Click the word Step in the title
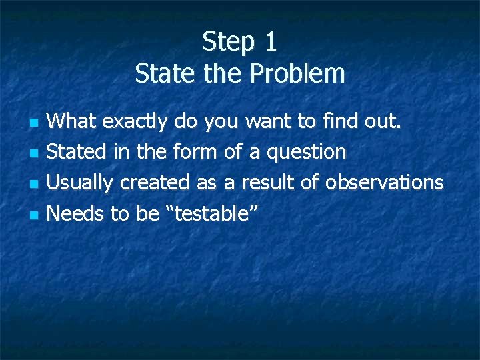229,42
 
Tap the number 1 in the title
270,42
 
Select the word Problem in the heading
297,73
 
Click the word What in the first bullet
71,121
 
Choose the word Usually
81,183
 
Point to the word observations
384,183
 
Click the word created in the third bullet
155,183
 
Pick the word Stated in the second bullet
76,152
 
